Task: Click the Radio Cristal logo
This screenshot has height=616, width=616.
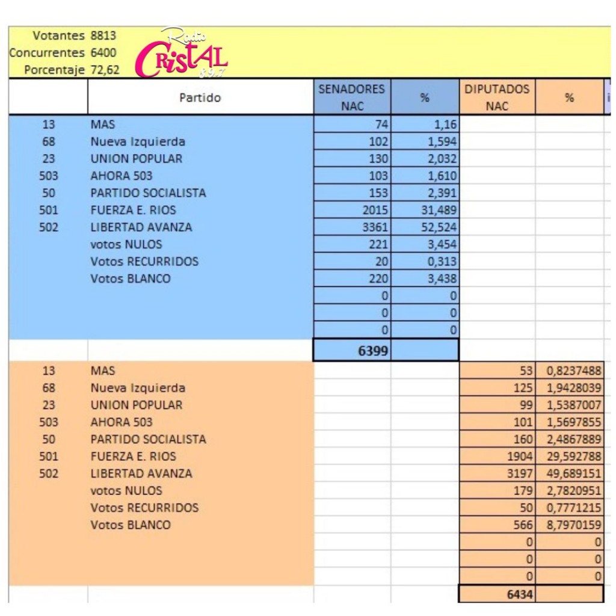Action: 182,55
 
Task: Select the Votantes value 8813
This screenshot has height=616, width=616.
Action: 103,35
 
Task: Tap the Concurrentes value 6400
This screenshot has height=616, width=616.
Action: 103,53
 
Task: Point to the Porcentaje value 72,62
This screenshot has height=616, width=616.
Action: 105,70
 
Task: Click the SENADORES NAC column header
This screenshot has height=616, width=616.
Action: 351,97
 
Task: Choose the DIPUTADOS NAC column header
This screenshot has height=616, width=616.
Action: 497,97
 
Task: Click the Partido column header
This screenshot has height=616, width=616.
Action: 200,97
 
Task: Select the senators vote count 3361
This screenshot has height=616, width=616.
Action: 376,227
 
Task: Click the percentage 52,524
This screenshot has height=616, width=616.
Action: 439,227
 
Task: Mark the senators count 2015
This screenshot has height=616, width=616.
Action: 376,211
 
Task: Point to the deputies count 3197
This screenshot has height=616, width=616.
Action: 520,473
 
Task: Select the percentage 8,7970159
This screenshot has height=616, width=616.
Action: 574,525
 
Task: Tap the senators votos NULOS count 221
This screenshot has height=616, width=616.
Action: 379,244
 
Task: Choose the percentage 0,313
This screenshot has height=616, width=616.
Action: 443,262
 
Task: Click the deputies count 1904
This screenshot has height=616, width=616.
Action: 520,457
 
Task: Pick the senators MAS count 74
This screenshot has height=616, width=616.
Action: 382,125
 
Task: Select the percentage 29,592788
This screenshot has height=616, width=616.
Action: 574,457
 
